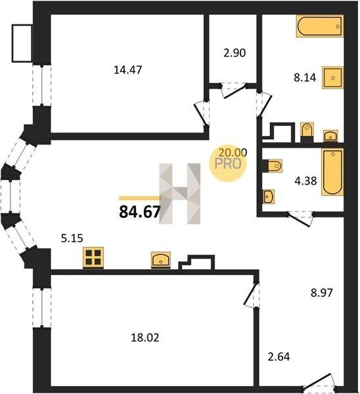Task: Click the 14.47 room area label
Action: [127, 70]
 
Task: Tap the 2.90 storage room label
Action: [235, 53]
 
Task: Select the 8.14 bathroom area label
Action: [305, 77]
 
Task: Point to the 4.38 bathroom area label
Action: [305, 181]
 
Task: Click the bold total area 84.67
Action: [139, 211]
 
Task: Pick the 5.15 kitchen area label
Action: [72, 238]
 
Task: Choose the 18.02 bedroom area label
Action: [145, 338]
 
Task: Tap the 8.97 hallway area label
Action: [322, 293]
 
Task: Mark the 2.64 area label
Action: [279, 357]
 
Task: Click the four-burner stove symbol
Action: [93, 257]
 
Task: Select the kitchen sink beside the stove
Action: [161, 260]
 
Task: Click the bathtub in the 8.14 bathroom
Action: [320, 26]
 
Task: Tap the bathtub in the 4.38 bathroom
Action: [332, 172]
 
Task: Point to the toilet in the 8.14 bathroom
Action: [307, 133]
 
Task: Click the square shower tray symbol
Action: [332, 78]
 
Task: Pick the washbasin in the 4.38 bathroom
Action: [269, 196]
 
